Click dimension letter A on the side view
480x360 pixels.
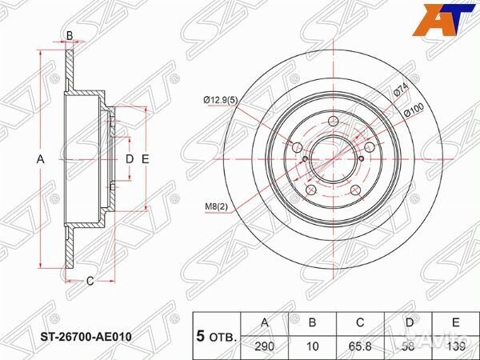[x=41, y=159]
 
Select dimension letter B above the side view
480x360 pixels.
[x=70, y=35]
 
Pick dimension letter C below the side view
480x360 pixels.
[x=90, y=280]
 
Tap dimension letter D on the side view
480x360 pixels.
[x=129, y=159]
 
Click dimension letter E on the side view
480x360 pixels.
[x=146, y=159]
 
